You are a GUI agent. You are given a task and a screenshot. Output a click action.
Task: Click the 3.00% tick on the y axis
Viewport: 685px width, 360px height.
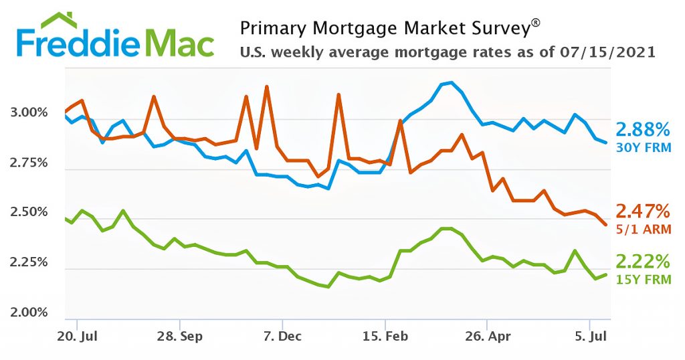point(31,113)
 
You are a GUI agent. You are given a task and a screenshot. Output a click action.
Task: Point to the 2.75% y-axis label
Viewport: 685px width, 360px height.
point(31,163)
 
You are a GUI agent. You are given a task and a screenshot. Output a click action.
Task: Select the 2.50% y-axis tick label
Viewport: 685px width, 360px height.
point(31,213)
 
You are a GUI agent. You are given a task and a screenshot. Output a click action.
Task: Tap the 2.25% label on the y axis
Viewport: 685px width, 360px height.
point(31,263)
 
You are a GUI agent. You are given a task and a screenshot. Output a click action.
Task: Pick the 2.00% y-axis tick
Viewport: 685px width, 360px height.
point(31,312)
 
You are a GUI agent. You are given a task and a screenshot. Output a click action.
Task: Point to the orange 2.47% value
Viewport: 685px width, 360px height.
point(643,212)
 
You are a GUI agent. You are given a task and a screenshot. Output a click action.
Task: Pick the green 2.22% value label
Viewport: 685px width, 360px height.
point(643,261)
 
